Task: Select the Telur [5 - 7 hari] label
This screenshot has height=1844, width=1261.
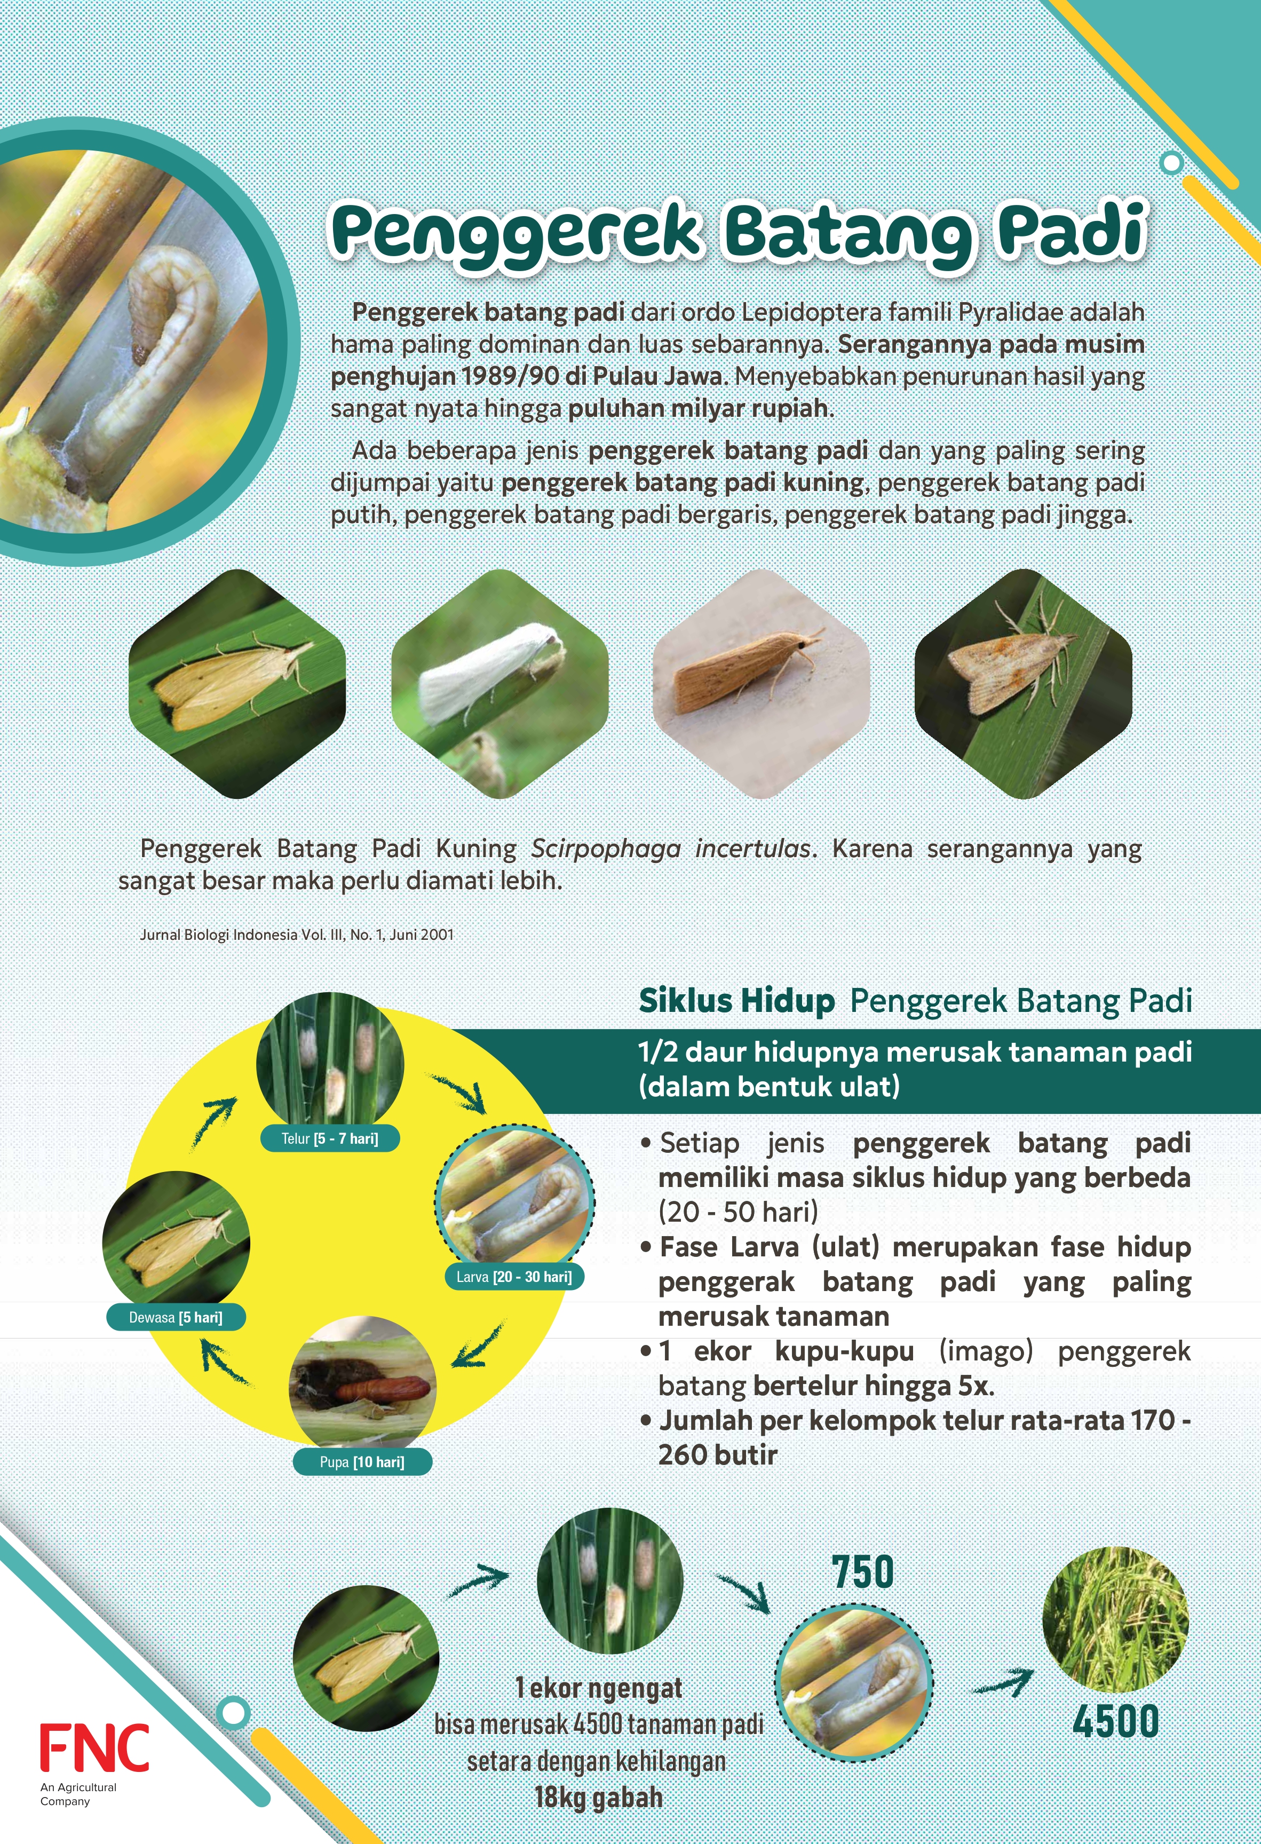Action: click(x=329, y=1138)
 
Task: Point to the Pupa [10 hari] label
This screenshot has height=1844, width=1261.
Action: click(x=362, y=1461)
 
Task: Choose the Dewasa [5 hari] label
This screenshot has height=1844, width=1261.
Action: click(x=176, y=1317)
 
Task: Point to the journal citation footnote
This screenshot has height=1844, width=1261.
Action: click(x=297, y=935)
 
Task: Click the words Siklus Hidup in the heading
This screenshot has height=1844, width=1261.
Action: click(x=736, y=1001)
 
